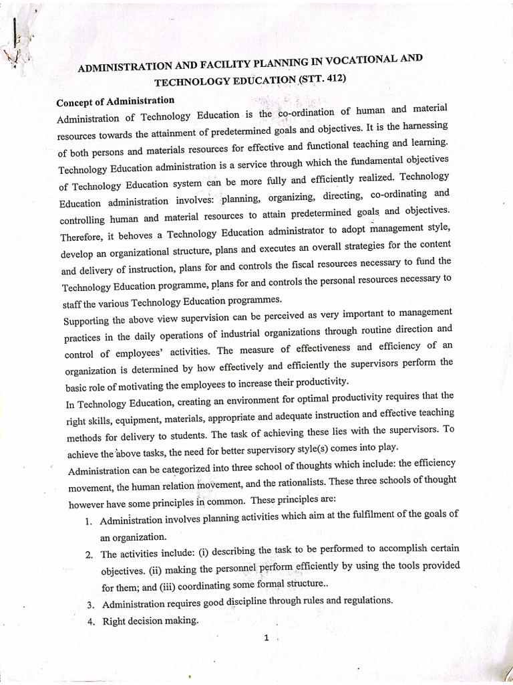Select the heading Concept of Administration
pos(115,102)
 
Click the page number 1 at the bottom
pos(266,638)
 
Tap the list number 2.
pos(89,555)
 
